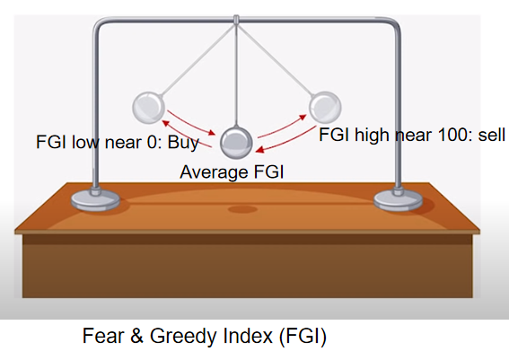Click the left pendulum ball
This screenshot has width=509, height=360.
[148, 108]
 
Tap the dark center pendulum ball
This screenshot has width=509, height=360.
[236, 143]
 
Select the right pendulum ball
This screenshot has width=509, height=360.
[325, 107]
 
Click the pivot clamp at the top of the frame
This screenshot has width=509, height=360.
[236, 20]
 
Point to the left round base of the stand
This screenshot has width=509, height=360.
[95, 200]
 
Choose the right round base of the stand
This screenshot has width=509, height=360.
[398, 199]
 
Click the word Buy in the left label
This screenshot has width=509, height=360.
[183, 143]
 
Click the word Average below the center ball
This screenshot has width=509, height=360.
[215, 172]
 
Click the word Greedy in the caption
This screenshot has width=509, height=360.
[184, 337]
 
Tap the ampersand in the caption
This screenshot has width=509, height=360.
[136, 336]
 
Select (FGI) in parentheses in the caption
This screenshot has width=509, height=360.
[303, 337]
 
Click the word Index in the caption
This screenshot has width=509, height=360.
[248, 336]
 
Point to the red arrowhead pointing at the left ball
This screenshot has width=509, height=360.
[165, 123]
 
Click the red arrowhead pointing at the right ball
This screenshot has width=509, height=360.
[303, 118]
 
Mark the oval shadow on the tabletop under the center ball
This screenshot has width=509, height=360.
[242, 209]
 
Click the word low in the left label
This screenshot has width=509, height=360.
[85, 142]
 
